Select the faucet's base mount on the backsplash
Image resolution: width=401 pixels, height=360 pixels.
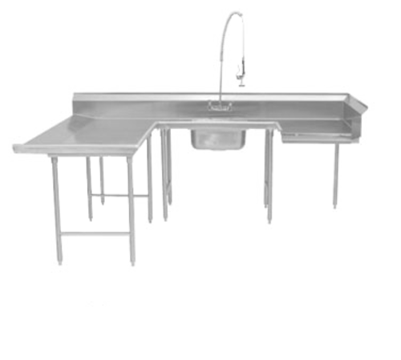tap(219, 106)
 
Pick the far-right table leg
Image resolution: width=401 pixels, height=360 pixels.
tap(337, 176)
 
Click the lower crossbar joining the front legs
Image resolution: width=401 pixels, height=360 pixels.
tap(95, 233)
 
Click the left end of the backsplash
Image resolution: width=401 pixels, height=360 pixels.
tap(75, 99)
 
